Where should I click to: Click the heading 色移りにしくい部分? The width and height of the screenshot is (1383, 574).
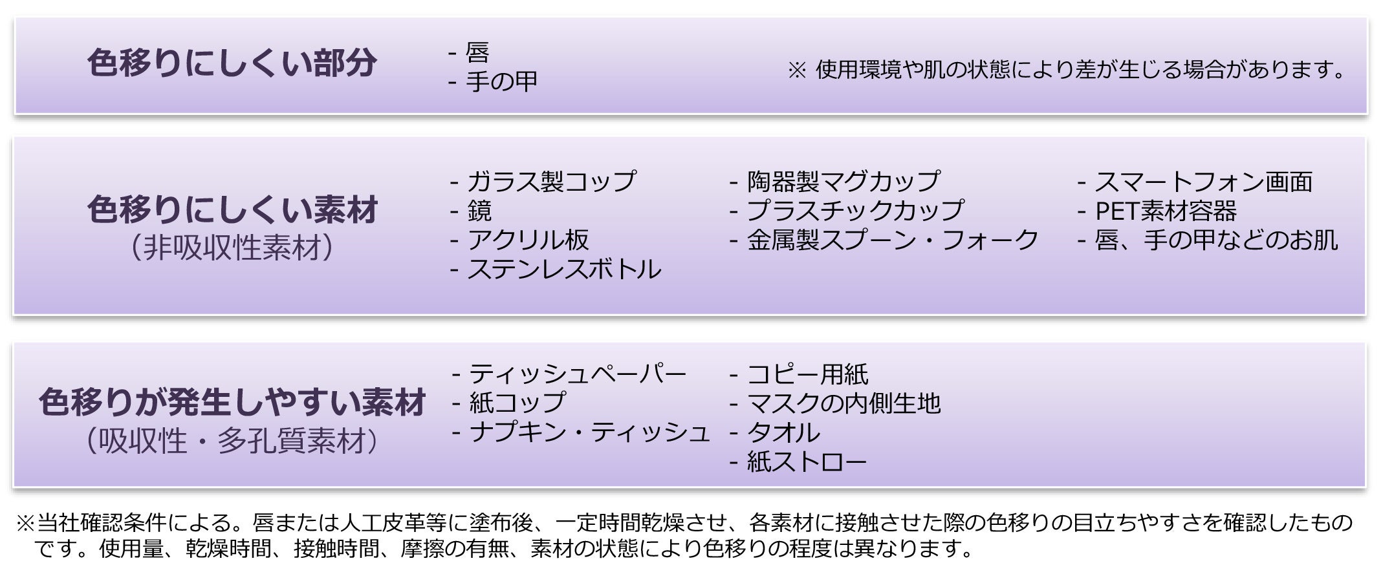[x=232, y=63]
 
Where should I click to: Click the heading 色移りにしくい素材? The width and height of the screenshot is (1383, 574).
[x=232, y=210]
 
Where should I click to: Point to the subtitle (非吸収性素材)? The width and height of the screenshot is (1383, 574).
[x=232, y=248]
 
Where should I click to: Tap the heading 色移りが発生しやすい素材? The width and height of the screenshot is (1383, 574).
[x=232, y=402]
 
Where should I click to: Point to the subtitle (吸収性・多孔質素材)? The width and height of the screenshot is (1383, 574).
[x=232, y=441]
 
